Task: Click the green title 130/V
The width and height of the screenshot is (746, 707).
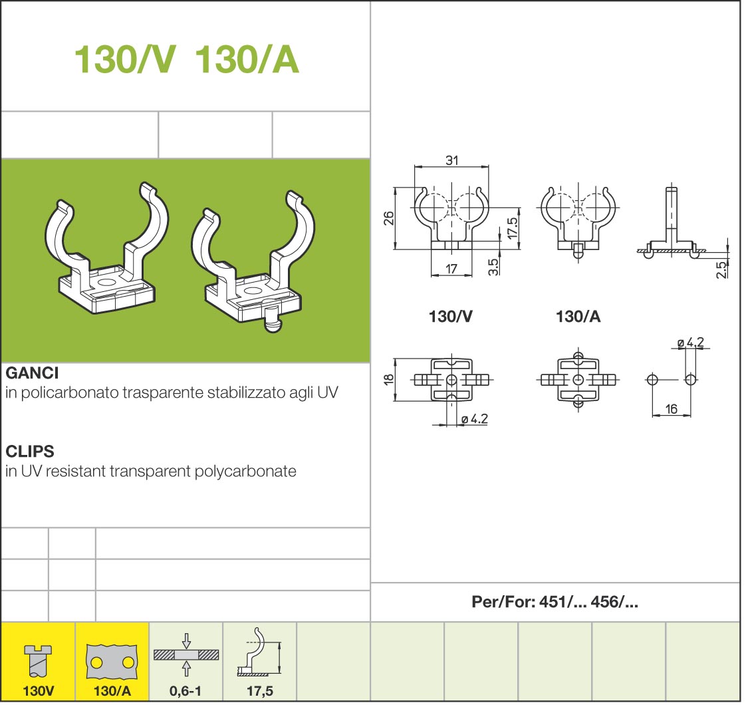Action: [x=124, y=59]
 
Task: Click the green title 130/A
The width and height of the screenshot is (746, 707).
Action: [x=247, y=59]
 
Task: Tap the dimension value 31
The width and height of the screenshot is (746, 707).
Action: [x=451, y=160]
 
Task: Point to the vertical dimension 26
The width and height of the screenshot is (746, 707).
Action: [x=389, y=218]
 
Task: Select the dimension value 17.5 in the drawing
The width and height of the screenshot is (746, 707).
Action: [x=513, y=228]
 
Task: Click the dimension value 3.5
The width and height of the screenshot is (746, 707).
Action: [x=494, y=267]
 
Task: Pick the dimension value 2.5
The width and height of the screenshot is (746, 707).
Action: [x=722, y=270]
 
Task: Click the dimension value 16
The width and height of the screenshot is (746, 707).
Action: [x=671, y=408]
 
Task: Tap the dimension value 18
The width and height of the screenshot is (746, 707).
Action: [x=389, y=379]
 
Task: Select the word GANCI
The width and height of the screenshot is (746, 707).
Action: [x=32, y=372]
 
